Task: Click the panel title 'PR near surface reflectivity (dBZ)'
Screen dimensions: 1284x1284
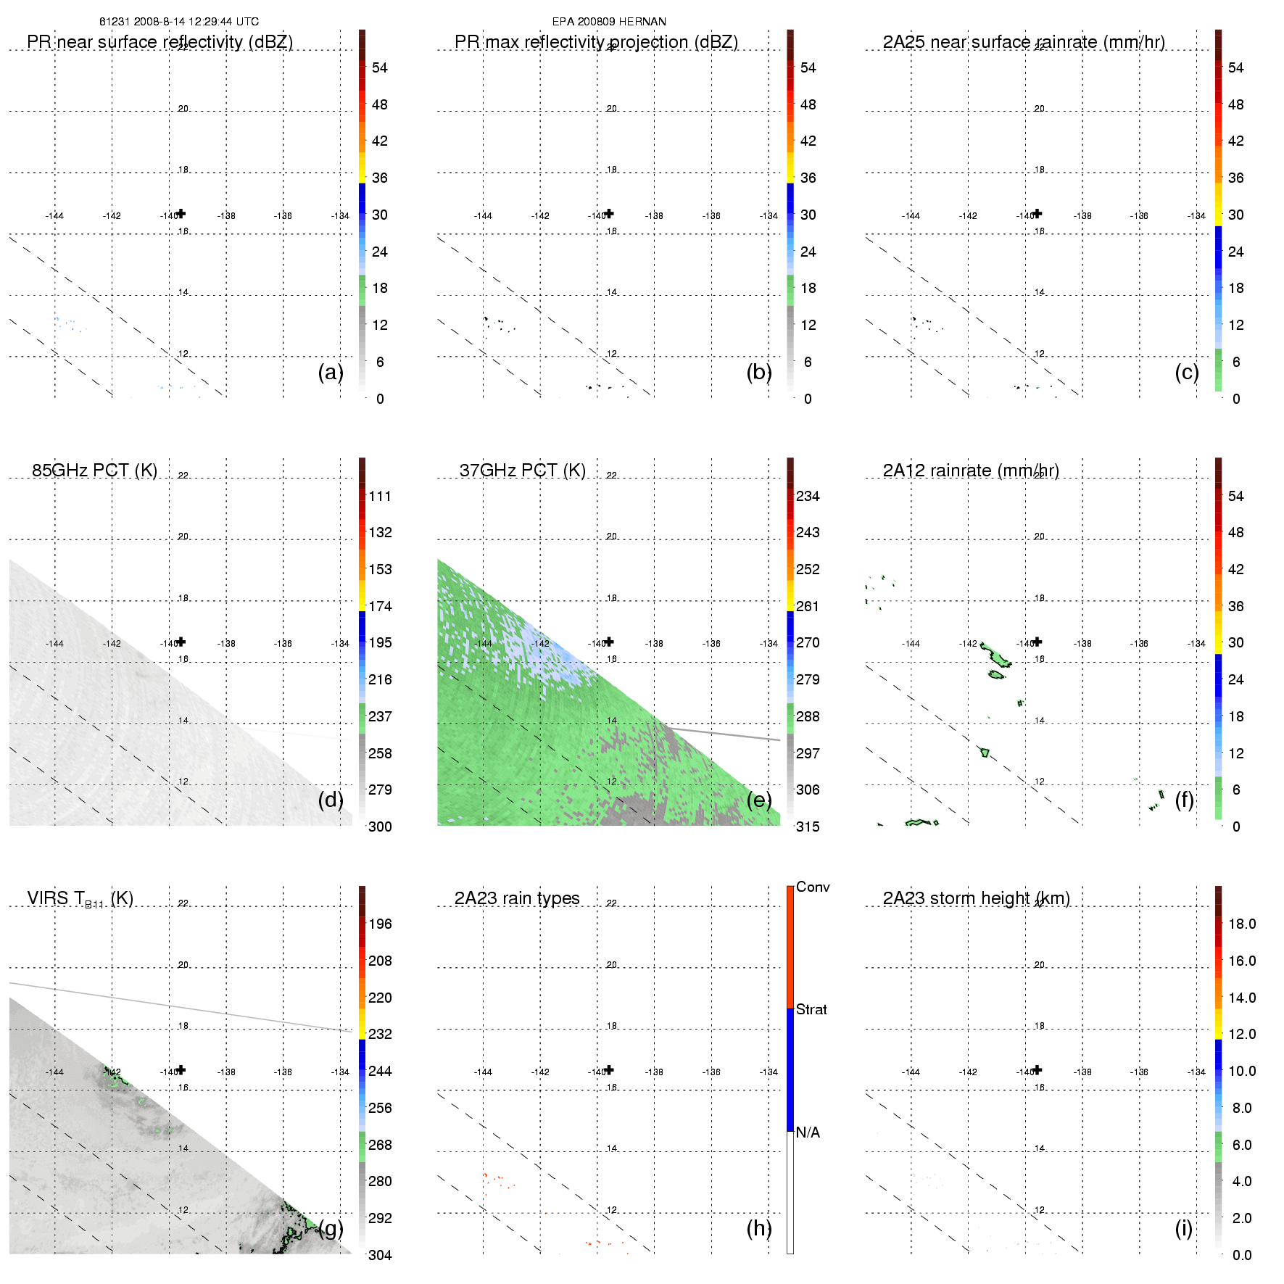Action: click(x=160, y=42)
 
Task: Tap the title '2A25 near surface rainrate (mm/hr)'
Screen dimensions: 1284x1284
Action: click(x=1024, y=42)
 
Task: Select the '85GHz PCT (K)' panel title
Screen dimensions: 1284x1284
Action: click(x=94, y=471)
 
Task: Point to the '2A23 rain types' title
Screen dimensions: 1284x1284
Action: click(x=517, y=898)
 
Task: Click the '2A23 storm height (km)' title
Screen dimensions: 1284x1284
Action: click(x=976, y=898)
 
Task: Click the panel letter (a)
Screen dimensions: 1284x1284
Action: click(x=331, y=372)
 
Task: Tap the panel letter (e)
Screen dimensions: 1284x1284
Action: click(x=759, y=800)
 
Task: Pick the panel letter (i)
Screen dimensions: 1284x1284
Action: click(x=1183, y=1228)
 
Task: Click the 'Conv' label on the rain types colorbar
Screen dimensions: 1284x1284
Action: click(x=813, y=887)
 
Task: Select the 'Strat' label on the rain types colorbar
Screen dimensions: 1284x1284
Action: click(x=811, y=1009)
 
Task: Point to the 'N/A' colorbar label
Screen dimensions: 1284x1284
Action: click(x=808, y=1132)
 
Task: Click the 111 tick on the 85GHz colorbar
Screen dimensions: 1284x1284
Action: click(x=380, y=496)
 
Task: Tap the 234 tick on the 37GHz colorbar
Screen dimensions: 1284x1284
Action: click(x=808, y=496)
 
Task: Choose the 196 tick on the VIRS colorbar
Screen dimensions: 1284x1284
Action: click(x=380, y=924)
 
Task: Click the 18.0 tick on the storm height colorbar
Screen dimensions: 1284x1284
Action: click(x=1242, y=924)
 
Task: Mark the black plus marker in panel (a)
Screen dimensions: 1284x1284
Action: click(x=181, y=213)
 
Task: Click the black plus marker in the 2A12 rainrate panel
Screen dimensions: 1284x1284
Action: click(x=1037, y=642)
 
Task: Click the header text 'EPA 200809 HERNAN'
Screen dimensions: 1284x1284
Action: click(x=609, y=22)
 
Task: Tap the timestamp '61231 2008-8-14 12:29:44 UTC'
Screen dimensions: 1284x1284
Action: click(x=179, y=22)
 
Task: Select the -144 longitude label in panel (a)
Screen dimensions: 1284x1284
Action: click(x=54, y=216)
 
